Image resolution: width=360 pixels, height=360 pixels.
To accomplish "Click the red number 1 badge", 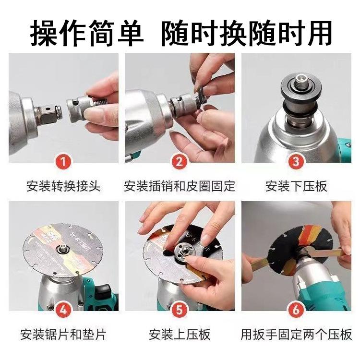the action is (x=63, y=162).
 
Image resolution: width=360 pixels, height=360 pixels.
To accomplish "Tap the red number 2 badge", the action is (x=180, y=162).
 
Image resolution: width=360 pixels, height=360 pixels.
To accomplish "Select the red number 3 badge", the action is (x=296, y=162).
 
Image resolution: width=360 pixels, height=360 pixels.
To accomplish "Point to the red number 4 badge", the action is (x=63, y=311).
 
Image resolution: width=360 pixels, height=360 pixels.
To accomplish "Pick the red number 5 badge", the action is (x=180, y=311).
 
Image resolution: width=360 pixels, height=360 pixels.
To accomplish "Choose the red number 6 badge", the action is (x=296, y=311).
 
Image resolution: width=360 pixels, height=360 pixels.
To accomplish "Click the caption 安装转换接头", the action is (x=63, y=186).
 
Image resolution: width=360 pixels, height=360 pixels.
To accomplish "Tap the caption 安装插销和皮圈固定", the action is (x=180, y=186).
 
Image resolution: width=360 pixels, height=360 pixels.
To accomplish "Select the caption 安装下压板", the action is (x=296, y=186).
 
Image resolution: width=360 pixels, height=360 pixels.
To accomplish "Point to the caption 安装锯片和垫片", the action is (x=63, y=335).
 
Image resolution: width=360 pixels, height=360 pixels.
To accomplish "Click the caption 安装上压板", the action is (x=180, y=335).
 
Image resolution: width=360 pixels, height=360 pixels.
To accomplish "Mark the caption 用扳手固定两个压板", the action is (x=296, y=335).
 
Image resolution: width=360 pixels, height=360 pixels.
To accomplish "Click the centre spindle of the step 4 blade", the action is (x=63, y=249).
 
